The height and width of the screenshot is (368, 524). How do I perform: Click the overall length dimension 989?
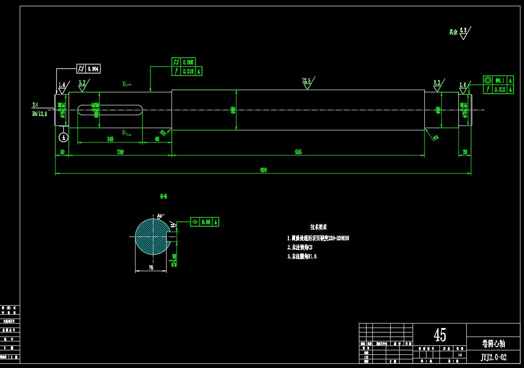click(263, 170)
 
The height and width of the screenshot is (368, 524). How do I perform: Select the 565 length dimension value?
click(298, 152)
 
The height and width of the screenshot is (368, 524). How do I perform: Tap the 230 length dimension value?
click(120, 152)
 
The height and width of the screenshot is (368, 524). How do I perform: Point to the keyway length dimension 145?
click(110, 139)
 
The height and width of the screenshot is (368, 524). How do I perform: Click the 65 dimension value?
click(157, 139)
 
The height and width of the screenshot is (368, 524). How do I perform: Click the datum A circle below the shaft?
click(64, 136)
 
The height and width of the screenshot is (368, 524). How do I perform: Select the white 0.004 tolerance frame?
click(88, 69)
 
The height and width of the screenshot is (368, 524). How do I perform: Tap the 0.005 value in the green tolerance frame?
click(188, 62)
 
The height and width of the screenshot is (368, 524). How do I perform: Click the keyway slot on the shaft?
click(110, 110)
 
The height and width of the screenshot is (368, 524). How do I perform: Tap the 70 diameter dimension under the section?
click(151, 268)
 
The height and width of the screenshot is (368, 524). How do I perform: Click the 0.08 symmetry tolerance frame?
click(205, 222)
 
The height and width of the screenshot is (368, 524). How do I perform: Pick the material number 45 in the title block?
click(439, 335)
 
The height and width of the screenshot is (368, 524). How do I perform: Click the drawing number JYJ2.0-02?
click(493, 358)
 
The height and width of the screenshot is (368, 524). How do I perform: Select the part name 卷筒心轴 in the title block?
click(493, 343)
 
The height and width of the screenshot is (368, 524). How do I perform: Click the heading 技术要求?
click(318, 227)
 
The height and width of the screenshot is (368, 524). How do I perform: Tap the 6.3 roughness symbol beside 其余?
click(464, 32)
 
